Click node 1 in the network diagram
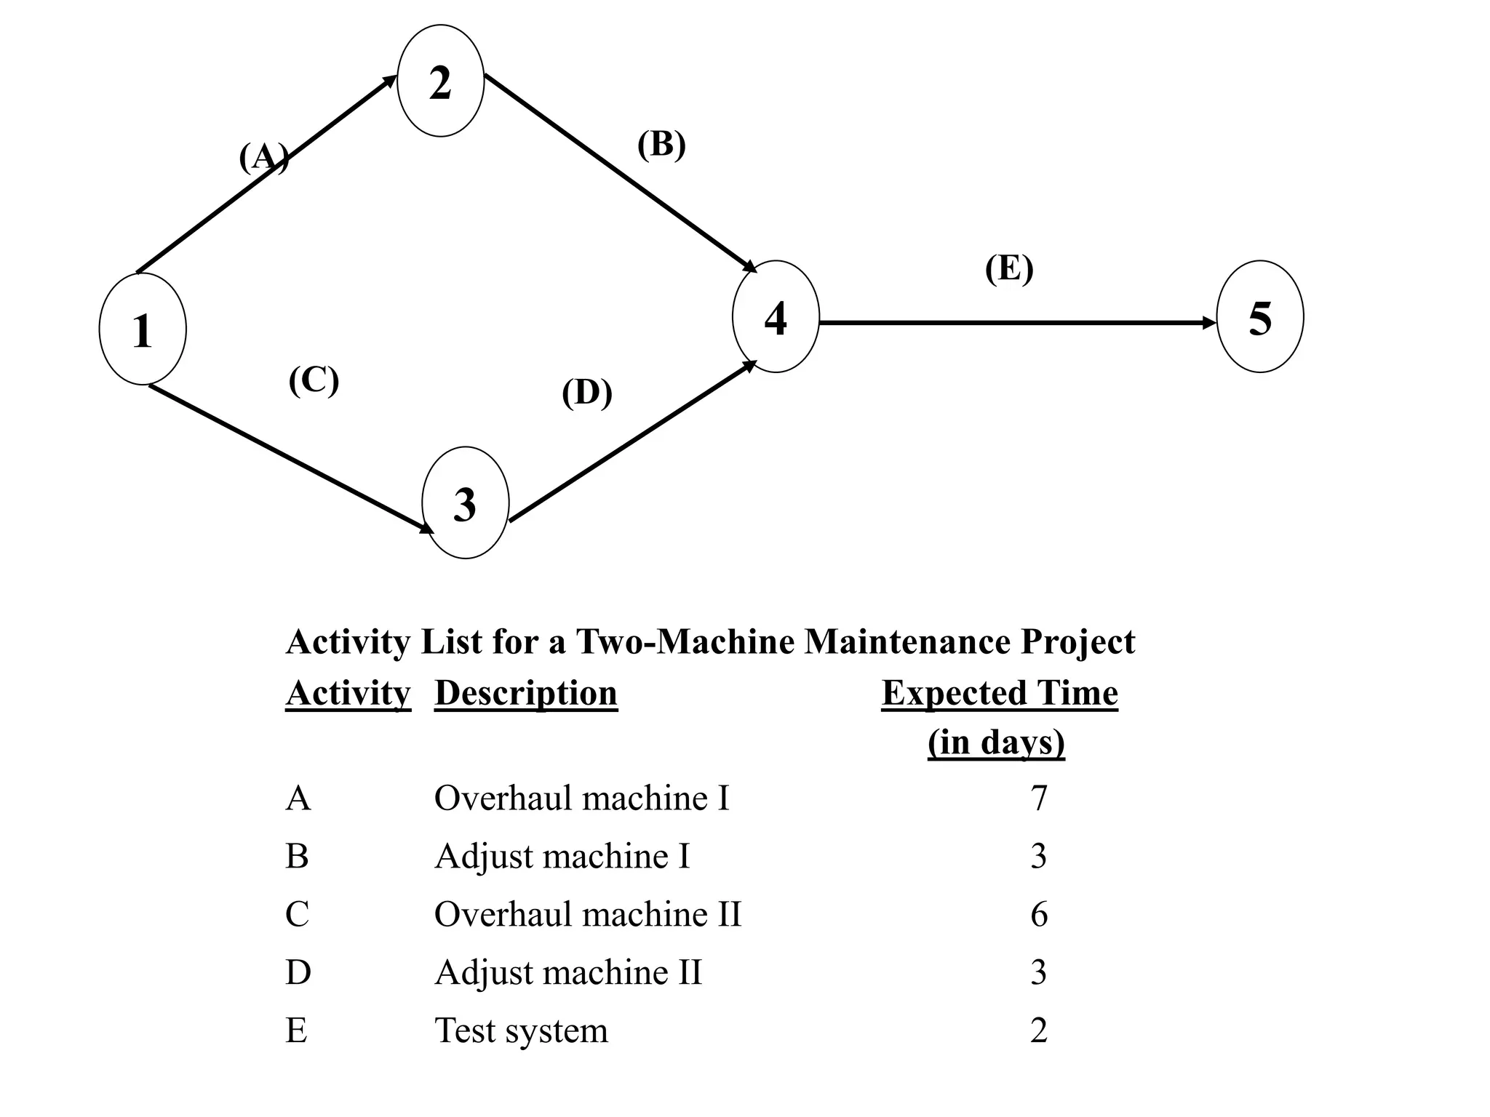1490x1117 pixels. pyautogui.click(x=143, y=329)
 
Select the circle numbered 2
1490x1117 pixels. pyautogui.click(x=440, y=81)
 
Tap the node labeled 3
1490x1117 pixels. pyautogui.click(x=465, y=503)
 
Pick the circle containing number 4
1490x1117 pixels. pyautogui.click(x=776, y=317)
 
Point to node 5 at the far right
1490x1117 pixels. pyautogui.click(x=1259, y=317)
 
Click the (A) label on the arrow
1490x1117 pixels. pyautogui.click(x=263, y=157)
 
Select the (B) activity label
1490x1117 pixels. pyautogui.click(x=661, y=145)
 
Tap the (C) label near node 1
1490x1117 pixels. pyautogui.click(x=314, y=380)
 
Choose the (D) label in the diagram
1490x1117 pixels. pyautogui.click(x=586, y=393)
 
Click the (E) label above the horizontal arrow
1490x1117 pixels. pyautogui.click(x=1008, y=268)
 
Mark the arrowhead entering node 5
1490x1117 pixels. pyautogui.click(x=1209, y=322)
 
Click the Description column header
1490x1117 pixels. pyautogui.click(x=525, y=693)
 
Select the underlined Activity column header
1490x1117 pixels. pyautogui.click(x=348, y=693)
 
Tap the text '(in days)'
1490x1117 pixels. pyautogui.click(x=996, y=742)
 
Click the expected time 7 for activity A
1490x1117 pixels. pyautogui.click(x=1039, y=798)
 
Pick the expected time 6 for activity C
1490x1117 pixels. pyautogui.click(x=1039, y=914)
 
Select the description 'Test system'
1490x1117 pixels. pyautogui.click(x=521, y=1030)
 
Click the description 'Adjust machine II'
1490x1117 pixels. pyautogui.click(x=568, y=972)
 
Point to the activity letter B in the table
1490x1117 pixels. pyautogui.click(x=297, y=856)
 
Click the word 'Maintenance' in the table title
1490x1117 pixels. pyautogui.click(x=907, y=641)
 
